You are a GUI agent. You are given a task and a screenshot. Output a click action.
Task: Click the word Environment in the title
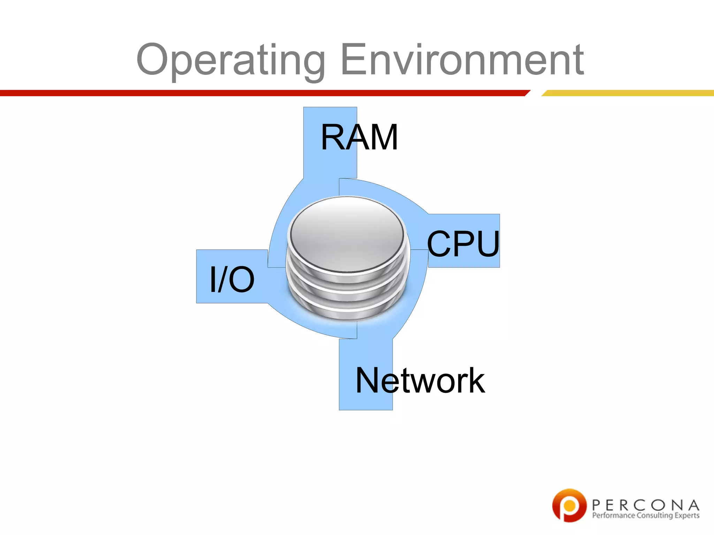click(462, 60)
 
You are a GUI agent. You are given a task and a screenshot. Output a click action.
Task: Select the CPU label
click(463, 244)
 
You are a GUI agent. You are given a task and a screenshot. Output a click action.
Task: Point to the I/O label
click(232, 279)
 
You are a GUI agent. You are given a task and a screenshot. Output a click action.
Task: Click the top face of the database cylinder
click(347, 233)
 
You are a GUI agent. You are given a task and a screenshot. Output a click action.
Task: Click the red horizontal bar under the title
click(261, 93)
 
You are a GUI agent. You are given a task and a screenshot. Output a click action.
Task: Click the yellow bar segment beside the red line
click(628, 93)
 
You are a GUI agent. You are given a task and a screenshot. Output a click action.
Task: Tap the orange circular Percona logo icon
click(569, 505)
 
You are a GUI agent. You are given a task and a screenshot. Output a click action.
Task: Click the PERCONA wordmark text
click(645, 505)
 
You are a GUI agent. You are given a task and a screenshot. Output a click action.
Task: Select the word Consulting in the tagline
click(654, 515)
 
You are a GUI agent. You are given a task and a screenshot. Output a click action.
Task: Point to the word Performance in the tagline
click(614, 515)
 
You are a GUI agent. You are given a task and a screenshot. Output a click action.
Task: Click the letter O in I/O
click(242, 279)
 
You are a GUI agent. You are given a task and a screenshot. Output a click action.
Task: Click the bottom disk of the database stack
click(347, 312)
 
